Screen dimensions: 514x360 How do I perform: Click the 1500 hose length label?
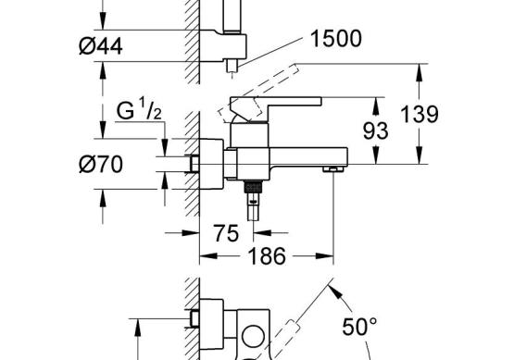click(x=335, y=39)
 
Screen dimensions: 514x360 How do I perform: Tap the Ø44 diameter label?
click(x=101, y=46)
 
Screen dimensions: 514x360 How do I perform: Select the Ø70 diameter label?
click(x=101, y=164)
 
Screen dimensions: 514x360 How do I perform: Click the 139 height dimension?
click(x=420, y=115)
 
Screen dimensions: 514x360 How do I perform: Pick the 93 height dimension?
click(x=375, y=131)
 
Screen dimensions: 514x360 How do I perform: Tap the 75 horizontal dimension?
click(x=226, y=233)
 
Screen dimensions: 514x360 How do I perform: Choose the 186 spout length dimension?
click(x=267, y=255)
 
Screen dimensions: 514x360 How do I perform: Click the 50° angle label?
click(x=359, y=327)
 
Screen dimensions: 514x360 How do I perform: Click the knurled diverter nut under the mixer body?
click(x=254, y=187)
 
